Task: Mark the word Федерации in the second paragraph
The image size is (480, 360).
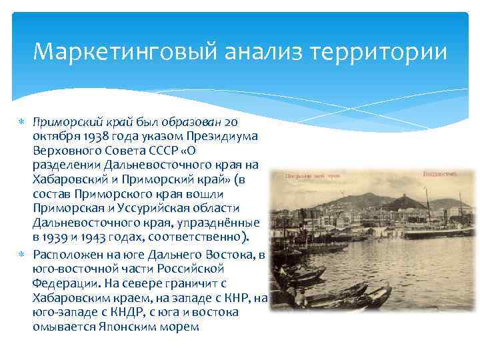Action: [65, 284]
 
